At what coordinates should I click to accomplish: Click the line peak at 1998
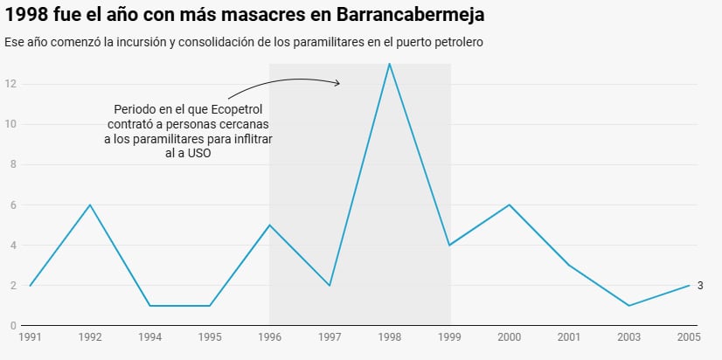(389, 64)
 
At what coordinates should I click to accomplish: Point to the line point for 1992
(89, 205)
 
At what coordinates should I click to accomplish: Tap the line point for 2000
(509, 205)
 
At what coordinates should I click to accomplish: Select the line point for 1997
(330, 286)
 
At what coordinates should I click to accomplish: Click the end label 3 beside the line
(700, 286)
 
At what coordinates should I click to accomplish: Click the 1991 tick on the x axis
(30, 336)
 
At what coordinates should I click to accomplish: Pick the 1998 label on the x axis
(389, 336)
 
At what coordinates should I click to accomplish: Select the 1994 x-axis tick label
(149, 336)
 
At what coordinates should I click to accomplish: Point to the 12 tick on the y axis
(10, 84)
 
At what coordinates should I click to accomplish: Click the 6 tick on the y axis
(13, 205)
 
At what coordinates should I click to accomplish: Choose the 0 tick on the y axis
(13, 326)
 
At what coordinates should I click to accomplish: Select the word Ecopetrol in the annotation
(235, 109)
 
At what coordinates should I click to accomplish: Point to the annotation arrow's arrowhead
(337, 83)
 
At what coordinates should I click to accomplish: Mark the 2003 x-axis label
(628, 336)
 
